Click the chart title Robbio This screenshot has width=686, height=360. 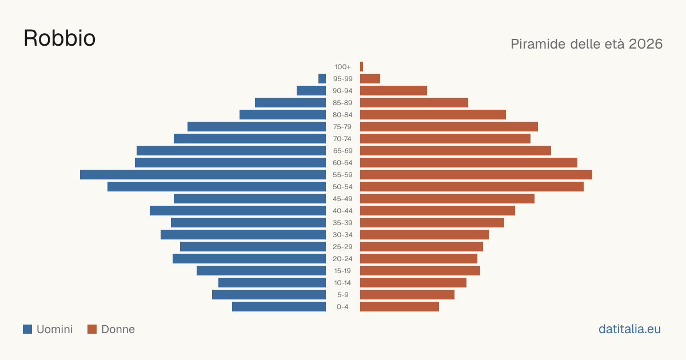pyautogui.click(x=59, y=38)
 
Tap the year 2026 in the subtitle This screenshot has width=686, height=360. pyautogui.click(x=645, y=44)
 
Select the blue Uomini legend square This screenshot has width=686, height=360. pyautogui.click(x=27, y=329)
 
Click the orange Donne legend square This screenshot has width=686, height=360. pyautogui.click(x=92, y=329)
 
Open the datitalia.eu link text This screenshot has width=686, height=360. pyautogui.click(x=629, y=329)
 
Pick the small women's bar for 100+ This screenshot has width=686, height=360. pyautogui.click(x=361, y=66)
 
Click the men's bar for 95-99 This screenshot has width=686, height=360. pyautogui.click(x=322, y=78)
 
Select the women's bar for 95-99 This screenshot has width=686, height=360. pyautogui.click(x=370, y=78)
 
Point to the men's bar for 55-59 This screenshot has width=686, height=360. pyautogui.click(x=203, y=174)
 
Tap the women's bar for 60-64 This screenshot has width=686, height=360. pyautogui.click(x=469, y=162)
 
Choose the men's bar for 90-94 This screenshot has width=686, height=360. pyautogui.click(x=311, y=91)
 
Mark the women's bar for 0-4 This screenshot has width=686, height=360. pyautogui.click(x=400, y=306)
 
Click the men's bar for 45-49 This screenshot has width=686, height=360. pyautogui.click(x=250, y=198)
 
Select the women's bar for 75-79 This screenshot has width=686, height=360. pyautogui.click(x=449, y=126)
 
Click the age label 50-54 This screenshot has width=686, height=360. pyautogui.click(x=342, y=187)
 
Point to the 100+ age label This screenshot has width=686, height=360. pyautogui.click(x=342, y=67)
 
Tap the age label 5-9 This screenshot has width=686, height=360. pyautogui.click(x=342, y=295)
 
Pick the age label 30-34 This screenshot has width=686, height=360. pyautogui.click(x=342, y=235)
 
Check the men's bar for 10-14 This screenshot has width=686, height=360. pyautogui.click(x=272, y=282)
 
